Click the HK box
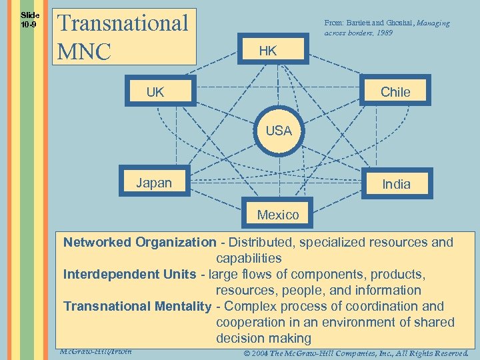point(268,51)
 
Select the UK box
point(155,92)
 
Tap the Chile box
point(395,92)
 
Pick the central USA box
point(279,131)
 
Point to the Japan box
point(154,183)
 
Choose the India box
point(396,184)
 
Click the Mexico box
point(278,215)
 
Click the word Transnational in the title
point(124,23)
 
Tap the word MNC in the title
point(85,51)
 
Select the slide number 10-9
point(29,25)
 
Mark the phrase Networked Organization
point(139,242)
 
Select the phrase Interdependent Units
point(130,274)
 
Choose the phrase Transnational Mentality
point(137,306)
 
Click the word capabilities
point(249,258)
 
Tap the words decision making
point(263,338)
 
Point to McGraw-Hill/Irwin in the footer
point(95,351)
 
